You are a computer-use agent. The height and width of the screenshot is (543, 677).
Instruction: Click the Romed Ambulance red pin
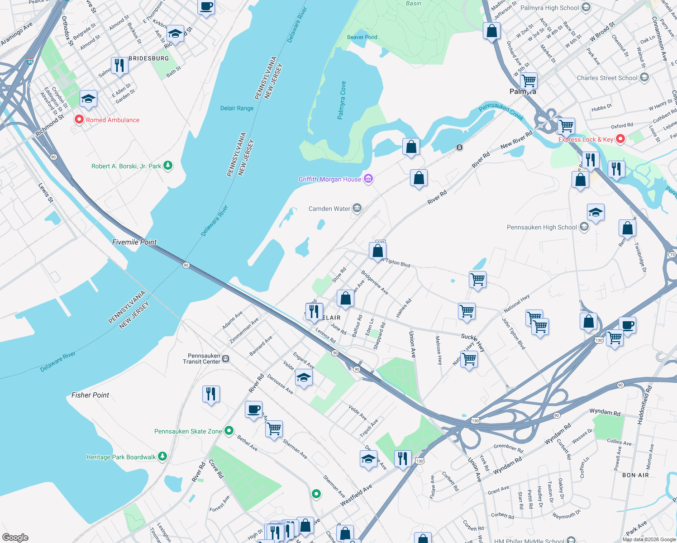tap(79, 120)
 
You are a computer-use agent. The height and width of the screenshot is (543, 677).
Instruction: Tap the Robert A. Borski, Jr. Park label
tap(126, 166)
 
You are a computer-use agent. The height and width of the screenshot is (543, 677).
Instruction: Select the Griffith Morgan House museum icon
tap(368, 179)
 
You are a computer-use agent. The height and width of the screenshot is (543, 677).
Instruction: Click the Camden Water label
tap(329, 209)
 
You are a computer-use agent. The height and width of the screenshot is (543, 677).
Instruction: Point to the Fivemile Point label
tap(134, 242)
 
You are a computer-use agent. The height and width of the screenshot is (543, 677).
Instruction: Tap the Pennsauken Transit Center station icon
tap(226, 359)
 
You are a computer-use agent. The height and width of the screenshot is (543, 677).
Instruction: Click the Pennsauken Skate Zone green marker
tap(229, 431)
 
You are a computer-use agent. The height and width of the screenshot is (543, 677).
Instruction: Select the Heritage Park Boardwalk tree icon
tap(162, 457)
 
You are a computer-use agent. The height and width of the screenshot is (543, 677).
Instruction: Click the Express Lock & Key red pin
tap(620, 139)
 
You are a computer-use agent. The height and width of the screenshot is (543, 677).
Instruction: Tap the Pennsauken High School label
tap(542, 227)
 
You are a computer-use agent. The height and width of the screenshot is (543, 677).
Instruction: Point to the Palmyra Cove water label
tap(342, 100)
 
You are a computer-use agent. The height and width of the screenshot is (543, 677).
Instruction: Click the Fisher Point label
tap(90, 395)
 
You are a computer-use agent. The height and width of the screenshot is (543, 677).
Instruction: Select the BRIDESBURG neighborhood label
tap(148, 58)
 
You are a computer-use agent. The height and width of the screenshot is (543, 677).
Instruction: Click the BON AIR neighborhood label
tap(635, 475)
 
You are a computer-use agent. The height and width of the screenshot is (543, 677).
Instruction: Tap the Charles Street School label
tap(607, 78)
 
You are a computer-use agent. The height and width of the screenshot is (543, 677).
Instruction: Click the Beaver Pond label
tap(362, 37)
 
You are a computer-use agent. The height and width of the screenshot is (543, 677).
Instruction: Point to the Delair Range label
tap(237, 108)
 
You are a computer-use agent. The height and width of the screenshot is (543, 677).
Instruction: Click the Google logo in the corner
tap(15, 537)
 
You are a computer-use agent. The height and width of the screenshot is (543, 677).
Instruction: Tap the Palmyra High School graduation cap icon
tap(586, 8)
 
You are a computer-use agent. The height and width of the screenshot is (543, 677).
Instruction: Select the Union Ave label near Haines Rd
tap(412, 344)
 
